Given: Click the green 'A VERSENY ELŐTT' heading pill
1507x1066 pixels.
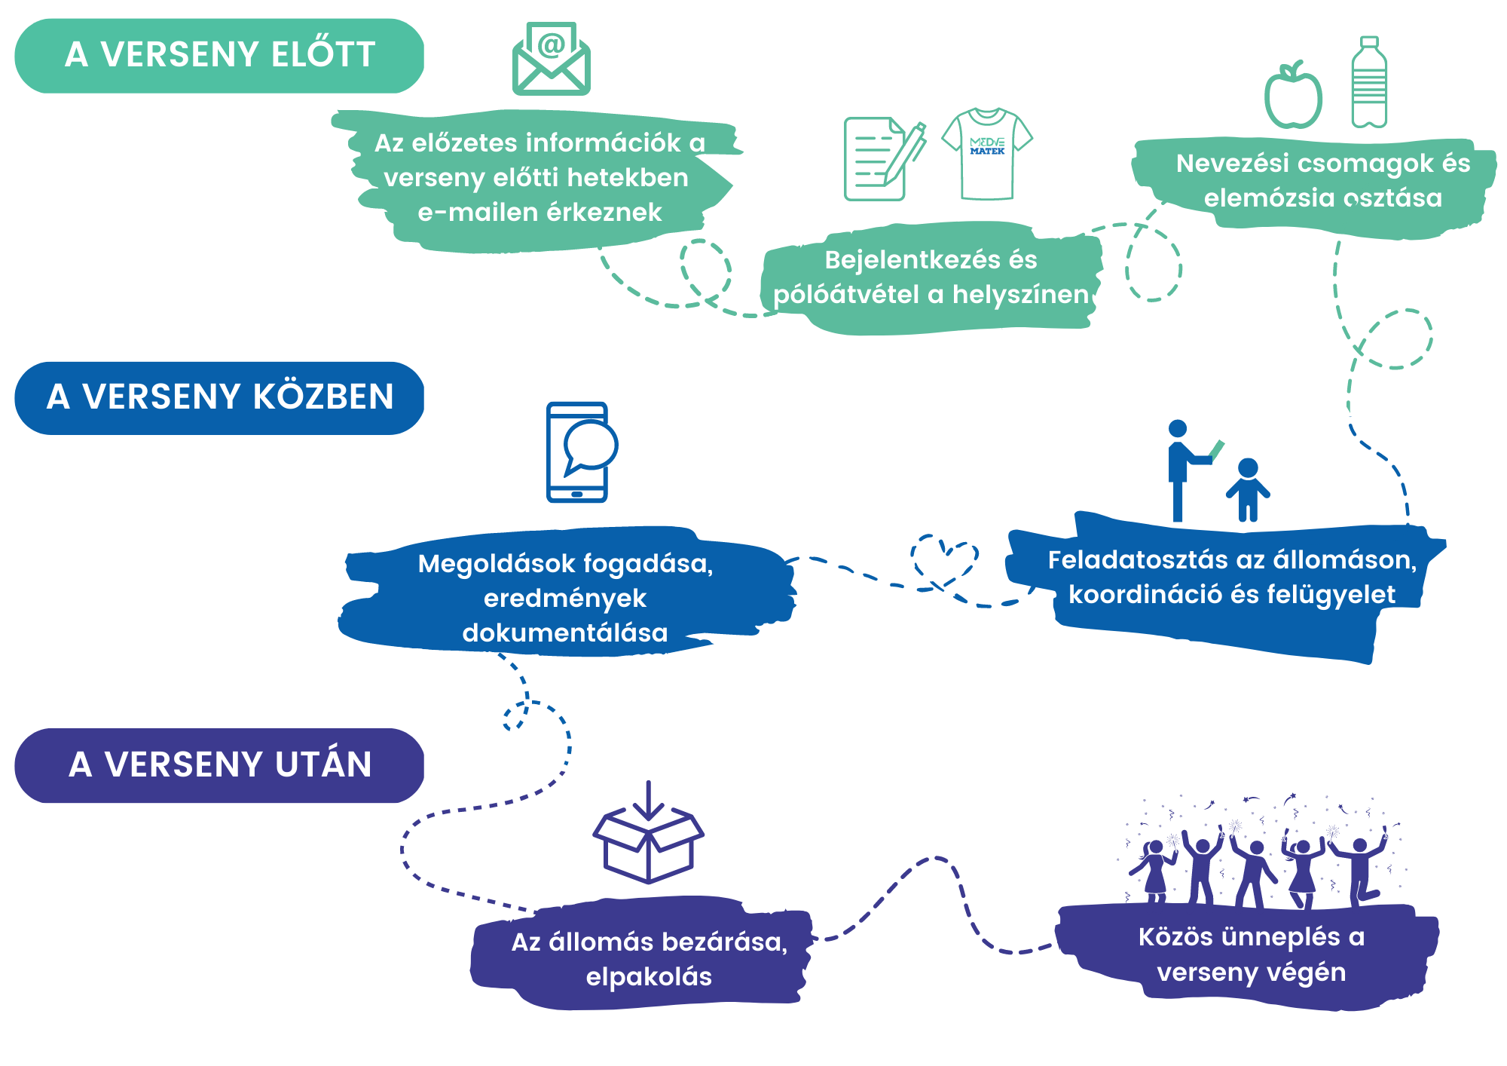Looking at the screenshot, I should [x=219, y=56].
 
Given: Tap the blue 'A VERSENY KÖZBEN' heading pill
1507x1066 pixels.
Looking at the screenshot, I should [x=219, y=397].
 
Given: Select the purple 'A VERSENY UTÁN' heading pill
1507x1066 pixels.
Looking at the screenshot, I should [x=219, y=764].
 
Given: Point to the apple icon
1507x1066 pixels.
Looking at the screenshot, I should [x=1293, y=95].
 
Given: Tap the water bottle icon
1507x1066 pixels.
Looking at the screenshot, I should [x=1369, y=83].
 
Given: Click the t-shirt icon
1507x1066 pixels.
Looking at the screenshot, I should [x=987, y=153].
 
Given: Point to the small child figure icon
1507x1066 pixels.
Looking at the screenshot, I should [x=1248, y=490].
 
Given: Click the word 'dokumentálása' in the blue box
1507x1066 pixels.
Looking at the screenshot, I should [x=565, y=633].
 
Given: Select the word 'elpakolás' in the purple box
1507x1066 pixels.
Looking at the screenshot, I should [x=649, y=977].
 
